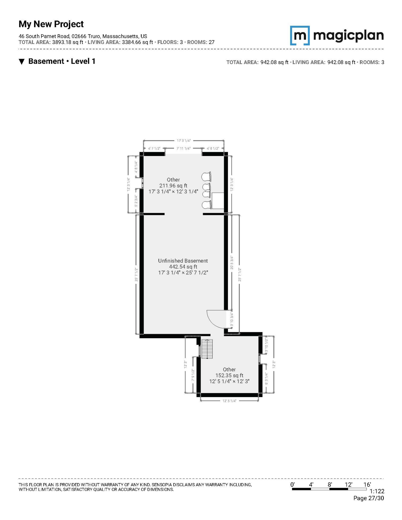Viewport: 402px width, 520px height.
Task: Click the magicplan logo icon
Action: point(300,35)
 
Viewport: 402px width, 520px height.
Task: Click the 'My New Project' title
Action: point(51,24)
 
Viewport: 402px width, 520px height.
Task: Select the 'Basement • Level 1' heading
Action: point(62,61)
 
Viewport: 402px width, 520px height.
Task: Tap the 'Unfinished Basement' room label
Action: point(183,261)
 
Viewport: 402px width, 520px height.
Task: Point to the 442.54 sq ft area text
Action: point(183,266)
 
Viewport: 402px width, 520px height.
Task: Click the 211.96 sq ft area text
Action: point(173,185)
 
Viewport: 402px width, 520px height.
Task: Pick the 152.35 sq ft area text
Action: point(229,375)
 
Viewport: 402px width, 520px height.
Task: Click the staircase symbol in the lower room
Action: point(207,349)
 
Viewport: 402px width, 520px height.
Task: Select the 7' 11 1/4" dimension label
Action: point(183,148)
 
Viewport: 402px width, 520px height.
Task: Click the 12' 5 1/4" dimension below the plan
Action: point(229,401)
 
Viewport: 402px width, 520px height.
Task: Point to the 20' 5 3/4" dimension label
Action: point(232,263)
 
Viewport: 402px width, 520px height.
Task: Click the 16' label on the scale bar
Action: point(367,484)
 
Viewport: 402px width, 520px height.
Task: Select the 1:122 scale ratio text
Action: point(377,491)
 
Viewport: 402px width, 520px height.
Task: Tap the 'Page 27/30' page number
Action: point(368,498)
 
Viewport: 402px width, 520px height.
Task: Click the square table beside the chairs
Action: point(218,201)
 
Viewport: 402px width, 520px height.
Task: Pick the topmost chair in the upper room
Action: point(206,177)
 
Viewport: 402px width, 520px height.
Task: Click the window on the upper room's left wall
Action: point(142,183)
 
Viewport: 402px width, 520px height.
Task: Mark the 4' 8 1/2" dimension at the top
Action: point(213,148)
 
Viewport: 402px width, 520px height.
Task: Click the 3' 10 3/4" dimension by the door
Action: point(232,320)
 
